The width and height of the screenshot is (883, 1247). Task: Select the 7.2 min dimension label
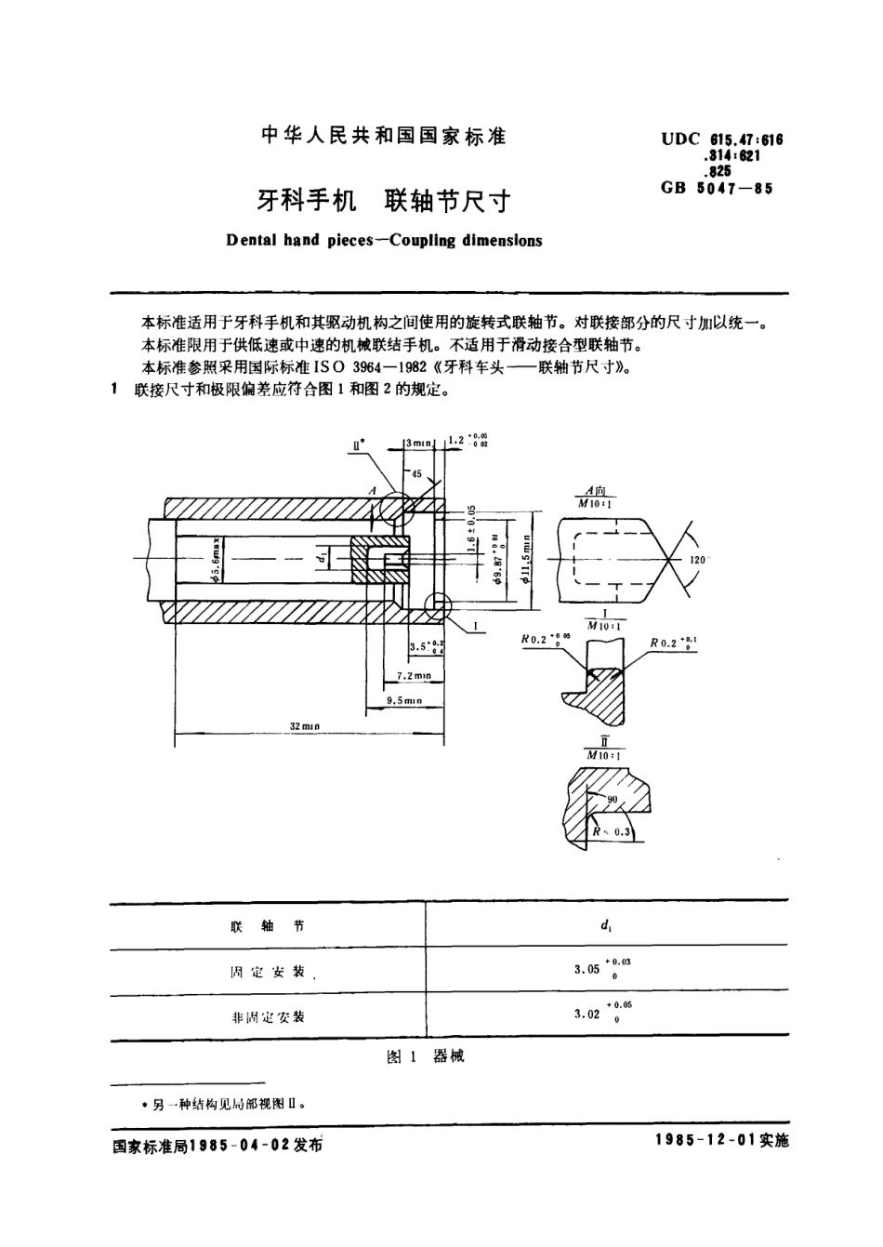click(414, 675)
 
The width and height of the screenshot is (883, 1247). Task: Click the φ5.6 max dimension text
click(214, 562)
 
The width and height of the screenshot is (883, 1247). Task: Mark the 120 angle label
click(699, 560)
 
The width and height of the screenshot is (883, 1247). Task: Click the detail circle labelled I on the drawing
click(437, 605)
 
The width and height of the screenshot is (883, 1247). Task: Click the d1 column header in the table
click(605, 925)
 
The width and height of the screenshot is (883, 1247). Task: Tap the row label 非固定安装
click(268, 1016)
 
